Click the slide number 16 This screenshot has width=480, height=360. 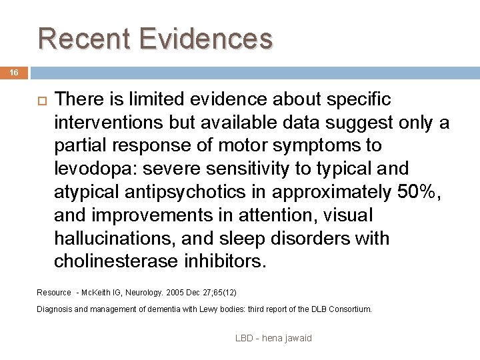14,71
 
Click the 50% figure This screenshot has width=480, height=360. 417,192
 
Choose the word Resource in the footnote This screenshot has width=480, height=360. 54,293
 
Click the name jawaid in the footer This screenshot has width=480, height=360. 297,338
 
